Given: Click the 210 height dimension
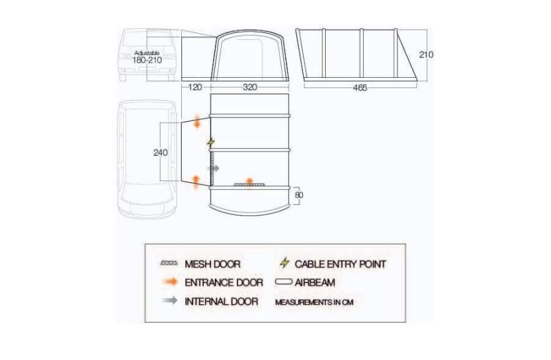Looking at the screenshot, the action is (x=426, y=54).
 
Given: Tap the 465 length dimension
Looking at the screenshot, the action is (x=360, y=88).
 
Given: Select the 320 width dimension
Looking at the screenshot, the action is (x=250, y=87).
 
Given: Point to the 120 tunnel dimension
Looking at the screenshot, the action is (x=196, y=87).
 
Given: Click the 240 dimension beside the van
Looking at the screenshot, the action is (x=160, y=153).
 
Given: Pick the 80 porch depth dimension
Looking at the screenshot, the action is (x=299, y=195).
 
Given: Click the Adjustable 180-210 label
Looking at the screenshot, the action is (x=147, y=57).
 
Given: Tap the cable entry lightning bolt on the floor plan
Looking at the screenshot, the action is (x=211, y=142).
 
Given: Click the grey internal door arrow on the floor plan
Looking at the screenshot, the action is (x=214, y=169).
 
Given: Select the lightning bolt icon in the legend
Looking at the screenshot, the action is (x=284, y=263).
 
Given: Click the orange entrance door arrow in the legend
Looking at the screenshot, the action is (x=170, y=282).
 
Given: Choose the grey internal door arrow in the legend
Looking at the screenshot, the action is (x=170, y=300).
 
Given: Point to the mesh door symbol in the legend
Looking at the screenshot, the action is (x=169, y=263).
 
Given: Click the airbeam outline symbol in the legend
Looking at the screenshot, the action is (x=284, y=282).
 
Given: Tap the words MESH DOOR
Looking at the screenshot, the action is (x=213, y=264).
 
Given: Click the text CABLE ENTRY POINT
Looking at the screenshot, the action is (x=340, y=264).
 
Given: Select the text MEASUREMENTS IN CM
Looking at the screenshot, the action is (x=314, y=302).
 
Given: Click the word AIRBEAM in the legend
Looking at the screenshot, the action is (x=315, y=282).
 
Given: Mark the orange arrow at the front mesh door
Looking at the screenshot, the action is (x=249, y=182).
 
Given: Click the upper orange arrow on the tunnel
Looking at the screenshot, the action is (x=197, y=121).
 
